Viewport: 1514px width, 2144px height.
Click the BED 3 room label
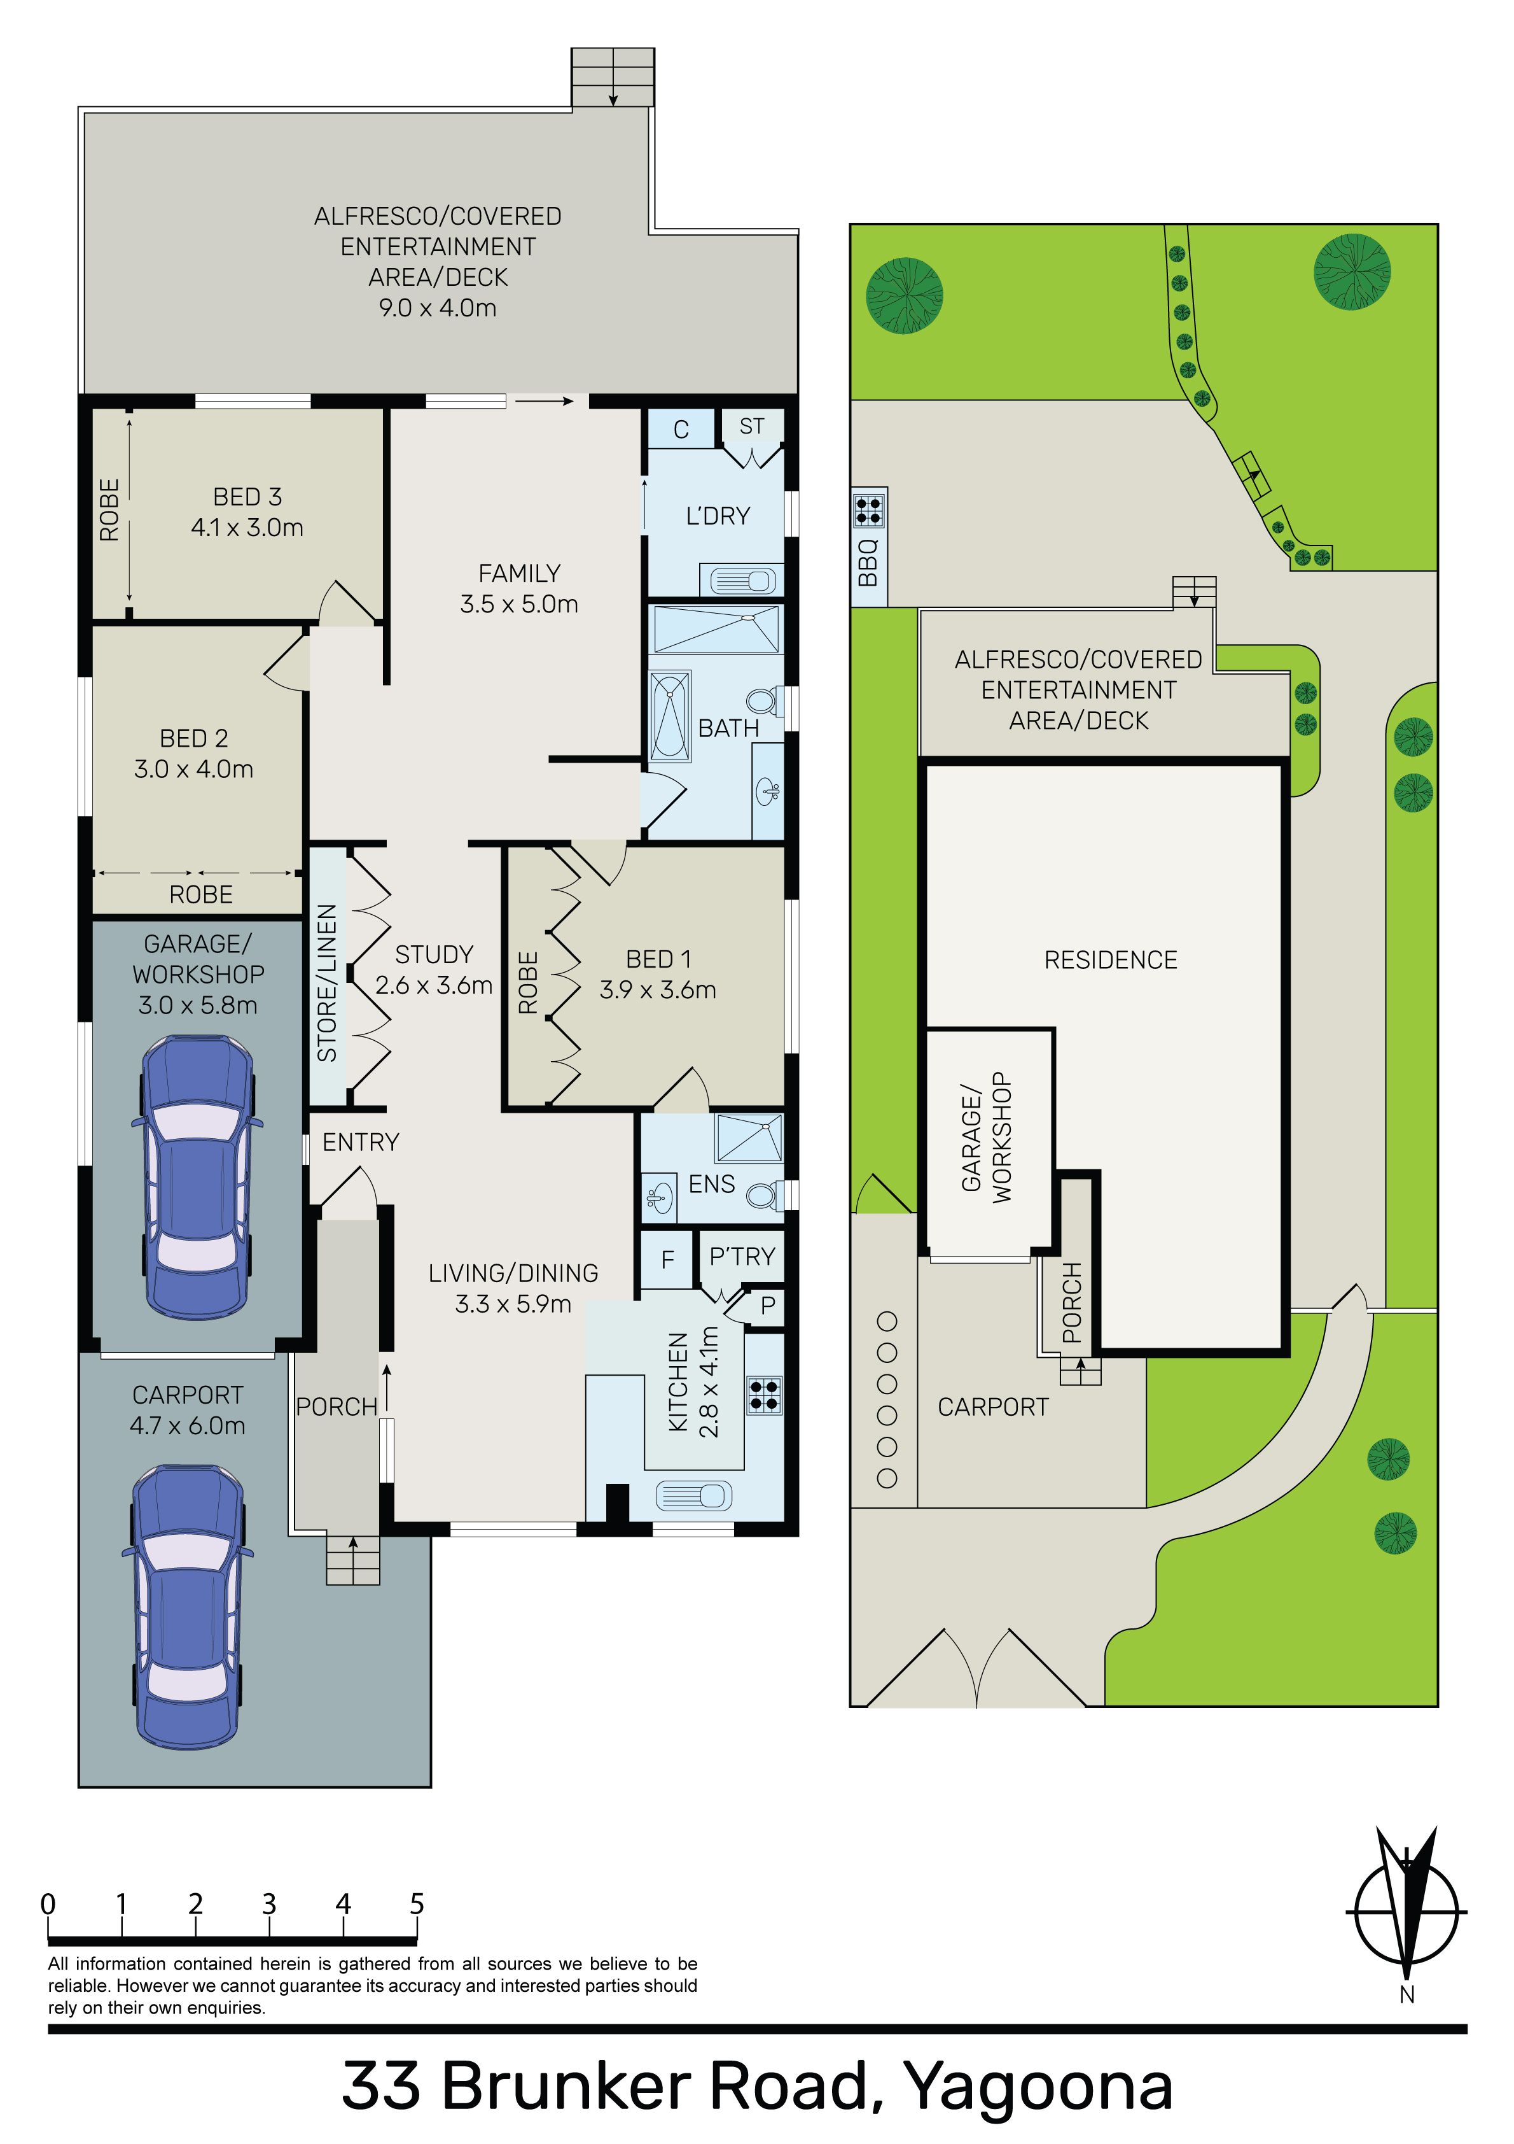tap(247, 512)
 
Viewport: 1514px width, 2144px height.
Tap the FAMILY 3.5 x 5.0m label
tap(519, 588)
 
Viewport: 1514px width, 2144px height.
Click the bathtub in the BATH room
tap(670, 716)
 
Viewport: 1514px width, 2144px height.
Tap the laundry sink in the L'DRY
tap(743, 581)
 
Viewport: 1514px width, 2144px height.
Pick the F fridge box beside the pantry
tap(667, 1259)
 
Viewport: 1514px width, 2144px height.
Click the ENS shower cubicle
tap(749, 1138)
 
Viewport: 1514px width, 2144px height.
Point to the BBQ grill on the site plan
tap(868, 509)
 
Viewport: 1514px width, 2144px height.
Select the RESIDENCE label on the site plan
tap(1111, 960)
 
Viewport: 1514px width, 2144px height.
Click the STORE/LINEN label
tap(327, 982)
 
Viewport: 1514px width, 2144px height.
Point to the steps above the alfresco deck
tap(613, 78)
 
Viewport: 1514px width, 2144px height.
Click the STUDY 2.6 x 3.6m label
tap(434, 970)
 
